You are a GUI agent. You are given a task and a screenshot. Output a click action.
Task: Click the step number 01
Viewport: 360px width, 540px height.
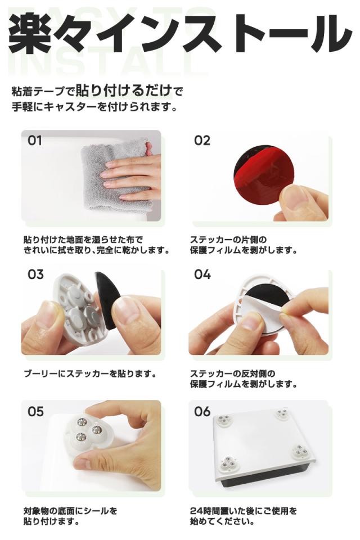(34, 141)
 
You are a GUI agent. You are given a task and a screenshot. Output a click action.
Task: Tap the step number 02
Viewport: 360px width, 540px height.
(202, 141)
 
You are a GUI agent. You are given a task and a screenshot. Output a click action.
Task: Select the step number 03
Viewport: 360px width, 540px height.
(35, 274)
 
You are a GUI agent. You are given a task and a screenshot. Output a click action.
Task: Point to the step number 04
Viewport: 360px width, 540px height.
(202, 274)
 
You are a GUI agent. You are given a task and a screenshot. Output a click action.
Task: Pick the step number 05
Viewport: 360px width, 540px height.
(35, 411)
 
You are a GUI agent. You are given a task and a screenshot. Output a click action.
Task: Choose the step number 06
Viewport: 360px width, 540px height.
(202, 411)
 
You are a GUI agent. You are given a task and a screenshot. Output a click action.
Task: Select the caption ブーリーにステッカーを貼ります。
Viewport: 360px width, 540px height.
(90, 373)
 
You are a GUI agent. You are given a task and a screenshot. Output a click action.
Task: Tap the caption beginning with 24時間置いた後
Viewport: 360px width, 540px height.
(244, 516)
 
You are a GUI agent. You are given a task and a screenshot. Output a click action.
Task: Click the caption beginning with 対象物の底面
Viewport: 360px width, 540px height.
(70, 516)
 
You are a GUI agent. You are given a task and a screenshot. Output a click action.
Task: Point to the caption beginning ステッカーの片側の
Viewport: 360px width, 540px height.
(244, 245)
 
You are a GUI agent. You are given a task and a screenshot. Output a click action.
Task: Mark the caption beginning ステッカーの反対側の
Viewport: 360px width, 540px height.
(244, 379)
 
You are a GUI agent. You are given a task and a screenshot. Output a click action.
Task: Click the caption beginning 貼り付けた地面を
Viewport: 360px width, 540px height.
(97, 245)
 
